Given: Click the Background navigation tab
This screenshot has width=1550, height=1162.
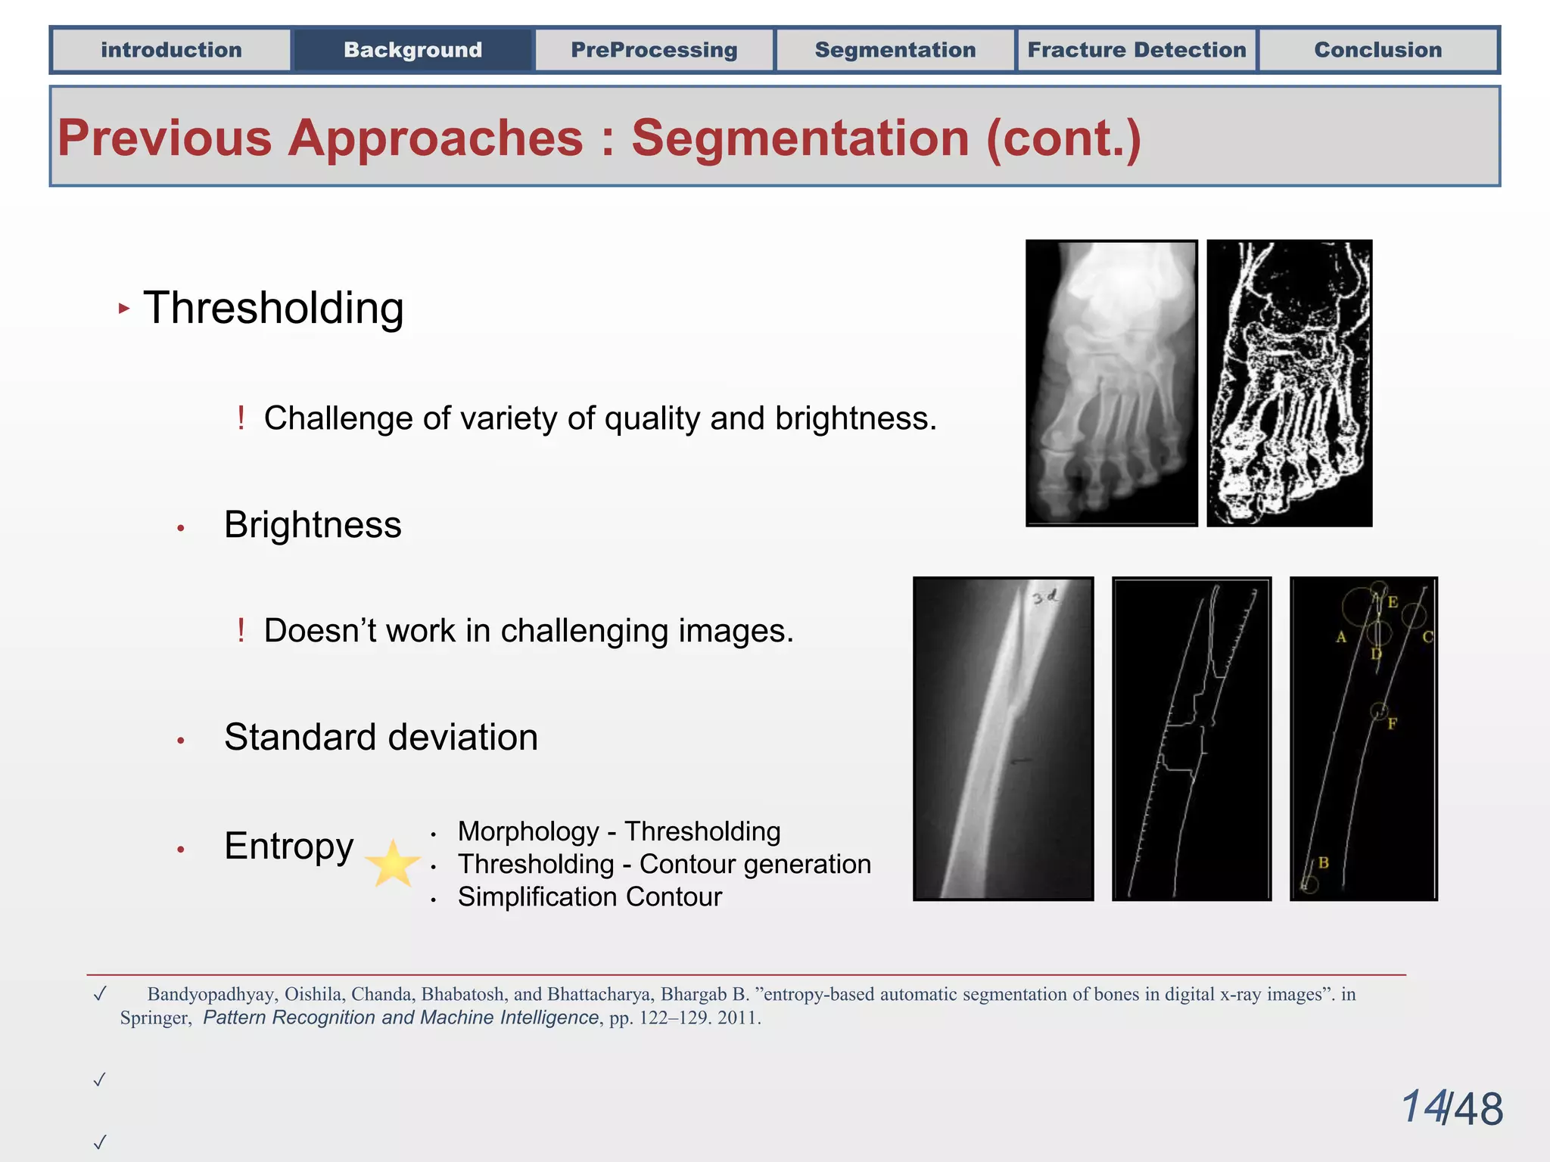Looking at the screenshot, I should (412, 50).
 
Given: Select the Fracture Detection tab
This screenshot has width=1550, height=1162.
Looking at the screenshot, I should (1136, 50).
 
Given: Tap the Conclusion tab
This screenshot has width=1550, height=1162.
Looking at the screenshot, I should (1377, 50).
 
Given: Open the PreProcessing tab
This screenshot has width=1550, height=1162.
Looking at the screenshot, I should (654, 50).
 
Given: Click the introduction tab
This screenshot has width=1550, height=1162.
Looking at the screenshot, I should (171, 50).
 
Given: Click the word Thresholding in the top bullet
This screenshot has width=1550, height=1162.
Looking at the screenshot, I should (273, 309).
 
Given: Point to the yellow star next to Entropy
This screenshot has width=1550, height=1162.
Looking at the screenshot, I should (392, 864).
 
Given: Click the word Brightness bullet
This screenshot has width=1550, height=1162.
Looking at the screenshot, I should (313, 525).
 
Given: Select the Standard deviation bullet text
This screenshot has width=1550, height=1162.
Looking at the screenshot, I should (381, 738).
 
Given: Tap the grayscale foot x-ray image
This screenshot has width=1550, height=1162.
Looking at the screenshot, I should (1111, 383).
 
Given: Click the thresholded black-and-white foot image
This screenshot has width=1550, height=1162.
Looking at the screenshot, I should (1289, 383).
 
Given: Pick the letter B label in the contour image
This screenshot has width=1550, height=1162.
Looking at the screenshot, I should (1323, 862).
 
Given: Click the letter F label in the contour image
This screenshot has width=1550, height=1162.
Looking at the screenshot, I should (1392, 724).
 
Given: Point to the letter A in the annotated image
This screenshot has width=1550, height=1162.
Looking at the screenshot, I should (1341, 637).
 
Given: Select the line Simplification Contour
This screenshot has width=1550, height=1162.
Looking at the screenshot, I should (590, 897).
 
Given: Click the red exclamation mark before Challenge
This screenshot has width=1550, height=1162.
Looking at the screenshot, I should (241, 418).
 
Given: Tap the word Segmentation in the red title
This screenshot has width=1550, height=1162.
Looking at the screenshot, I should (800, 138).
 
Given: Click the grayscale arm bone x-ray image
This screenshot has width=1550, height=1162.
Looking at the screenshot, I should (1003, 738).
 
